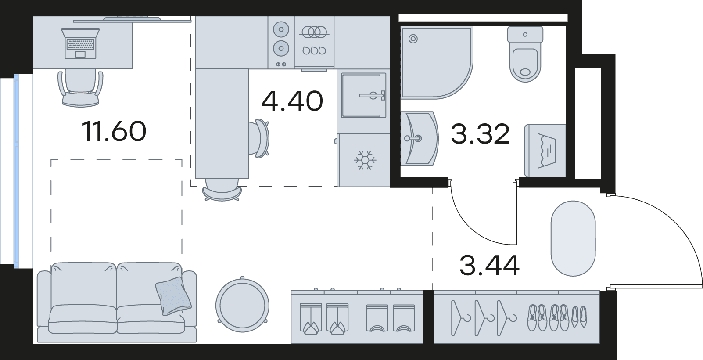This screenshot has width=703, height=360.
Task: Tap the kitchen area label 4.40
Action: pos(292,101)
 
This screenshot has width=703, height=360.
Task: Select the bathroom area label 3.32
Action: pos(480,134)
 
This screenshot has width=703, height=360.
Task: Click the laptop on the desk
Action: pos(81,43)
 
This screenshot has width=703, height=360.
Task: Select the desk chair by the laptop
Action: pos(80,88)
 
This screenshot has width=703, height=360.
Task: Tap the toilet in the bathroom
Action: pos(525,54)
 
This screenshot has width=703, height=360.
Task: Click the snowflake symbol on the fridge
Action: pos(365,160)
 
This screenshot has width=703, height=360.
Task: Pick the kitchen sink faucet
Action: pos(373,95)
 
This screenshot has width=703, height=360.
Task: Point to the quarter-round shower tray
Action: pos(437,63)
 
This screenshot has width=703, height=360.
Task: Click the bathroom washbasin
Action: pos(420,138)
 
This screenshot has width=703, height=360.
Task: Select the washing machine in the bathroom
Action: pos(545,151)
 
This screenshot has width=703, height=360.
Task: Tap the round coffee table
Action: pos(242,305)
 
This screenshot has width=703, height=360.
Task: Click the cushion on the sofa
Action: pos(173,296)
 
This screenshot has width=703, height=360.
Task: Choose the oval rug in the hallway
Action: pos(573,238)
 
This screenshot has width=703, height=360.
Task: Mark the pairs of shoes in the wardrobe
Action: pos(557,317)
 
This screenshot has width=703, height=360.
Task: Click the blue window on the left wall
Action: pos(16,171)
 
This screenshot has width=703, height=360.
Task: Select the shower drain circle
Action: pos(413,39)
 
